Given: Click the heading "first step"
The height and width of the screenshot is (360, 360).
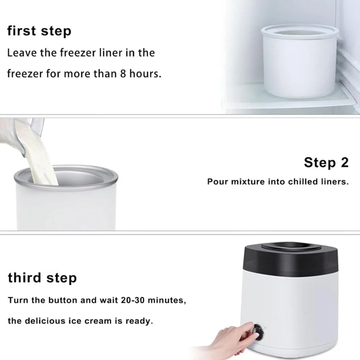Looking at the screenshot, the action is pos(39,31).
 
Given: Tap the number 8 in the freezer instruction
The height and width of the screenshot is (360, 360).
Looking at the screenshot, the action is pos(123,74).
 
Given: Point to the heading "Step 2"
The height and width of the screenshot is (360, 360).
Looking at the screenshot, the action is pos(326,163).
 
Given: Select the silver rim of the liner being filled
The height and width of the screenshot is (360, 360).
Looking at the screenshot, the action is pos(66,178).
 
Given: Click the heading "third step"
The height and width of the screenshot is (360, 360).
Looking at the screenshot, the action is pos(42,278).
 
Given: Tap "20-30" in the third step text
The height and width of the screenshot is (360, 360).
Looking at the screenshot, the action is pos(133,300).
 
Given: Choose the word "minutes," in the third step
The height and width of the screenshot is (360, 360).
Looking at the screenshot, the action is pos(167,300).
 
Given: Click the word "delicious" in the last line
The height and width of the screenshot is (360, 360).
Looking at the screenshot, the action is pos(45,321).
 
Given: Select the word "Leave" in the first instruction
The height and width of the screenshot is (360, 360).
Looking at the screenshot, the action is pos(22,53).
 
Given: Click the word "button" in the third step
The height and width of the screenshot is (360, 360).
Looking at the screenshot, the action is pos(63,300).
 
